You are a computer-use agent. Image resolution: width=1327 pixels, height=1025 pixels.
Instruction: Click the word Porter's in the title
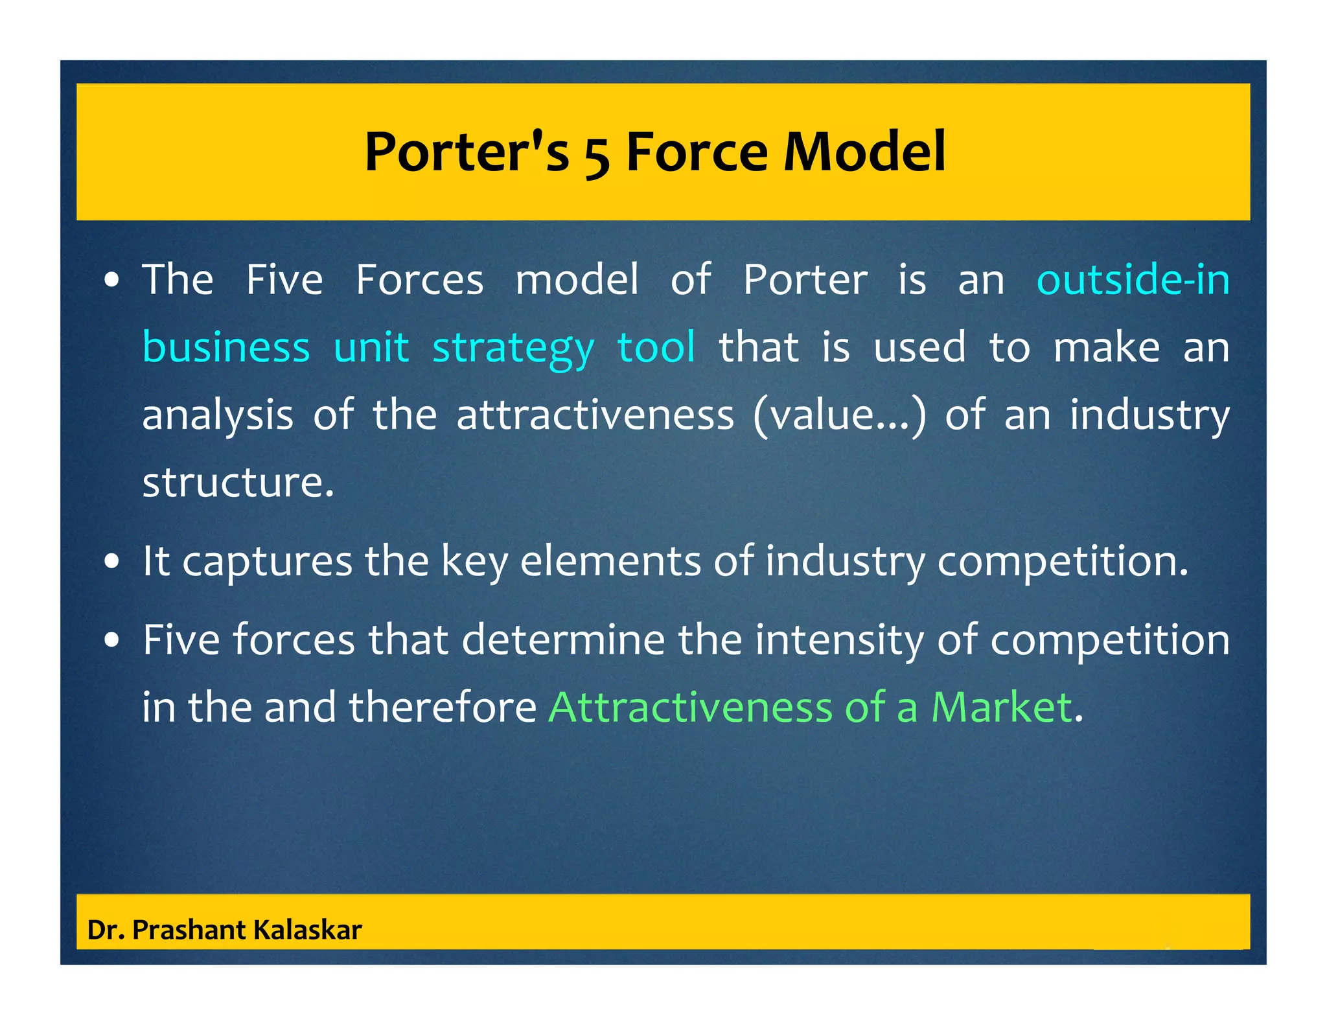point(467,152)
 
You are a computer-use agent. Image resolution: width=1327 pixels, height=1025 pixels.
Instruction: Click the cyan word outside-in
point(1133,280)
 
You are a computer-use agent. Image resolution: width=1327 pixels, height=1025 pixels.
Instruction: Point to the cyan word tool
point(656,347)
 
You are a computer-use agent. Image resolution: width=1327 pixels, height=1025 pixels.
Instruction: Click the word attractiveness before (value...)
point(595,415)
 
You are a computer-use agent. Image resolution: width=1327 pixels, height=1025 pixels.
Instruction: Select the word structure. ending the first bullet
point(238,483)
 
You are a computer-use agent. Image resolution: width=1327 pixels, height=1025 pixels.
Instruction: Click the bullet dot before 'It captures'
point(112,562)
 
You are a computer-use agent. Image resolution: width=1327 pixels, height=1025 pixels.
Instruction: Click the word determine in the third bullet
point(562,640)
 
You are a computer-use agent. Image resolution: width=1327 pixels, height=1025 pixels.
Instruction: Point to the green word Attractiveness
point(690,707)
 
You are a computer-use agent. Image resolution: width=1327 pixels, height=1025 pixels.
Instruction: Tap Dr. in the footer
point(106,930)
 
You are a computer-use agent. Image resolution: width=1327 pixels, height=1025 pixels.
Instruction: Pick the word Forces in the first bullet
point(419,280)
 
